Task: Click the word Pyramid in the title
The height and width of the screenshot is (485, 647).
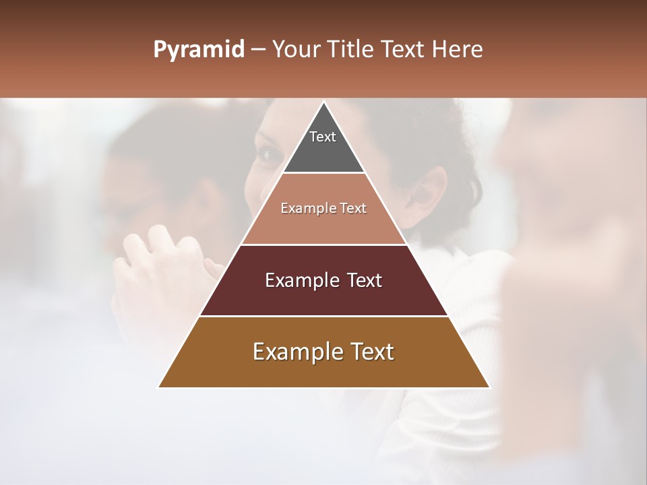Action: pos(198,50)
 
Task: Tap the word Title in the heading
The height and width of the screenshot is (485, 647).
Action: pos(352,50)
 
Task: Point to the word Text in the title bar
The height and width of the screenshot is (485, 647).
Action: pos(402,50)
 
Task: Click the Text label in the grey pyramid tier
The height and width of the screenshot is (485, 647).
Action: pos(323,137)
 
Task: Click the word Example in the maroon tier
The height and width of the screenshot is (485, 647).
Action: pos(299,280)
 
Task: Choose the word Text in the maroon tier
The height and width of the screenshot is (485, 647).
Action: pos(363,280)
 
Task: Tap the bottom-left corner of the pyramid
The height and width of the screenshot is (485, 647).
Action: pos(159,387)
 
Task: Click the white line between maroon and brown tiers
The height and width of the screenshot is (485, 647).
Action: pos(324,316)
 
